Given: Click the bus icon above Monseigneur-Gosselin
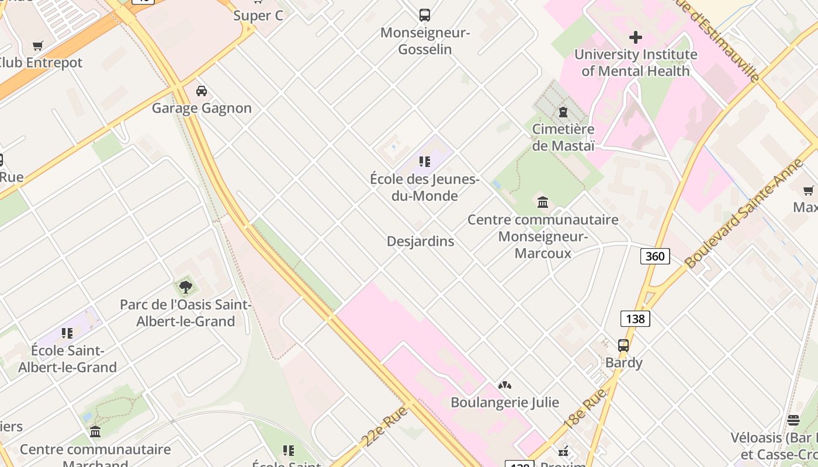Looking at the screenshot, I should coord(425,15).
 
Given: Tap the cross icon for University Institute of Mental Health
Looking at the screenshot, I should coord(636,38).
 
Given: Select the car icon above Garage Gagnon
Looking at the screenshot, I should coord(202,91).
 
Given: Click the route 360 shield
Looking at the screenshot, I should coord(655,256).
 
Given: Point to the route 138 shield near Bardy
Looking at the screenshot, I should coord(635,319).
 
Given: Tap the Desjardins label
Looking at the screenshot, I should coord(420,241).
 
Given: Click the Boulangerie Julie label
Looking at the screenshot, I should coord(505,402).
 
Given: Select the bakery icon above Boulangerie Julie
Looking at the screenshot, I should coord(505,385).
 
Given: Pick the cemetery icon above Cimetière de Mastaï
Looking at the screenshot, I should coord(563,111).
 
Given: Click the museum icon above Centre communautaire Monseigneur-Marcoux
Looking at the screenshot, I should coord(543,203).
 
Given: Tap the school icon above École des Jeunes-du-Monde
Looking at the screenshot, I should coord(425,162).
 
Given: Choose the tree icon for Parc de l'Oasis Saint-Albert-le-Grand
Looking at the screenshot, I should coord(186,287).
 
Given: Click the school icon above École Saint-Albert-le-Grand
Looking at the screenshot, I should coord(67,333).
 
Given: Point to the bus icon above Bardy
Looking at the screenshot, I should coord(623,346).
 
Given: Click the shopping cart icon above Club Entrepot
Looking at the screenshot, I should coord(38,46).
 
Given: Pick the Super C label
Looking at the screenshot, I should coord(258,16).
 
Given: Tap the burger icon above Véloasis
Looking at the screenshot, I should coord(793,420).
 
